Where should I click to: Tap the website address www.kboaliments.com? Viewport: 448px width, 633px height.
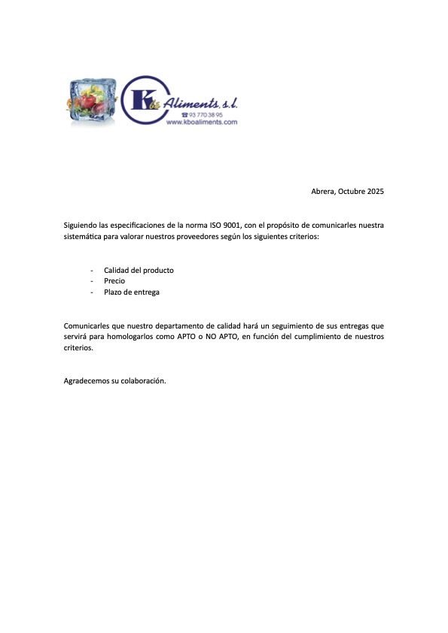[201, 122]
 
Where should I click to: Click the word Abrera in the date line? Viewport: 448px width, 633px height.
[323, 192]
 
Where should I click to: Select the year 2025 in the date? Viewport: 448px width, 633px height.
[376, 192]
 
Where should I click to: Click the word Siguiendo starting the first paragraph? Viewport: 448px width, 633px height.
[81, 225]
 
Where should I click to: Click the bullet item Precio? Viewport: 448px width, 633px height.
[114, 281]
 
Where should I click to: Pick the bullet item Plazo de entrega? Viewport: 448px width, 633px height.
[131, 292]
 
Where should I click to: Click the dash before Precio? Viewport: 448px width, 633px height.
[92, 281]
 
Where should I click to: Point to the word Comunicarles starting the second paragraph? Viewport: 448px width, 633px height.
[86, 326]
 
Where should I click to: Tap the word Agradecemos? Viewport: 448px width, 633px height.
[86, 381]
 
